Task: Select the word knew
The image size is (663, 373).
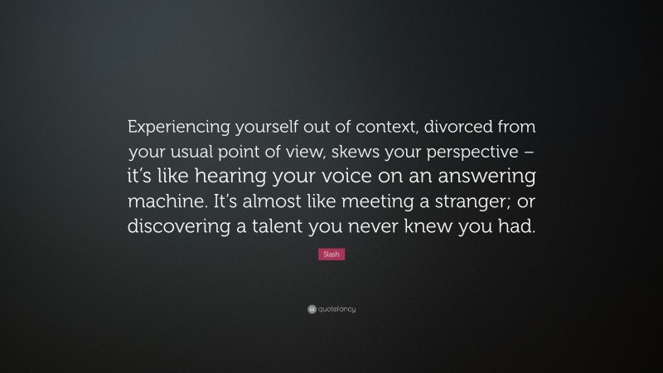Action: [453, 229]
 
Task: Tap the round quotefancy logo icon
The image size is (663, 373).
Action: [310, 309]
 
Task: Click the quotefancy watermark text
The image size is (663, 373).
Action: [336, 309]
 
